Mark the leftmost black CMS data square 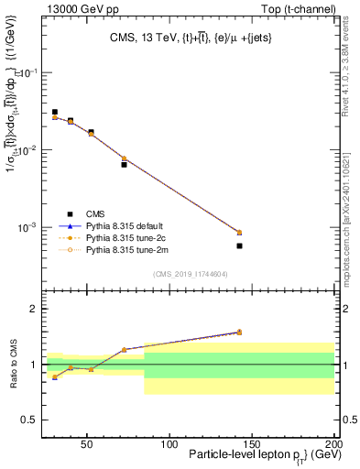point(55,112)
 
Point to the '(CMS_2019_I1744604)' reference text point(190,274)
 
